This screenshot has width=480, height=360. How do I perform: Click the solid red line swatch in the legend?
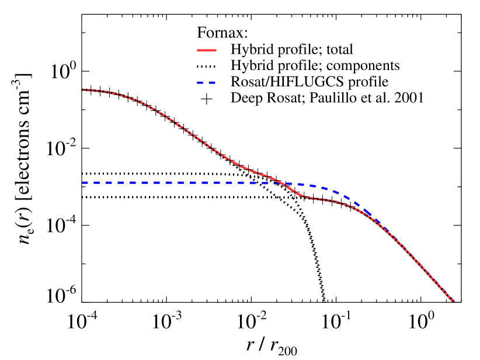point(207,51)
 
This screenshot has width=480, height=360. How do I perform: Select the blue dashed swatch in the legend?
point(207,83)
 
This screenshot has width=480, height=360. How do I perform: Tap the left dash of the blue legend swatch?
point(200,83)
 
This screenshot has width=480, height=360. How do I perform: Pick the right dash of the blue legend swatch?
point(212,83)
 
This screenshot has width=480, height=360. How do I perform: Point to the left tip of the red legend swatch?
point(197,51)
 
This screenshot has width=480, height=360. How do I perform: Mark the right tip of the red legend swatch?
point(216,51)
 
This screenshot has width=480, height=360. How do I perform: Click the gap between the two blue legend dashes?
point(206,83)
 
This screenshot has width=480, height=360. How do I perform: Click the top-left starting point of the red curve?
point(84,90)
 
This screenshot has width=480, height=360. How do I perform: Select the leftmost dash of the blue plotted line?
point(85,183)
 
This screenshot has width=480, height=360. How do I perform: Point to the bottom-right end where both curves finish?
point(453,302)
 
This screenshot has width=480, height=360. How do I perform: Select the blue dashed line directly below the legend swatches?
point(207,183)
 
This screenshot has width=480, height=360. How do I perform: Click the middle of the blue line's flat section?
point(178,183)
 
